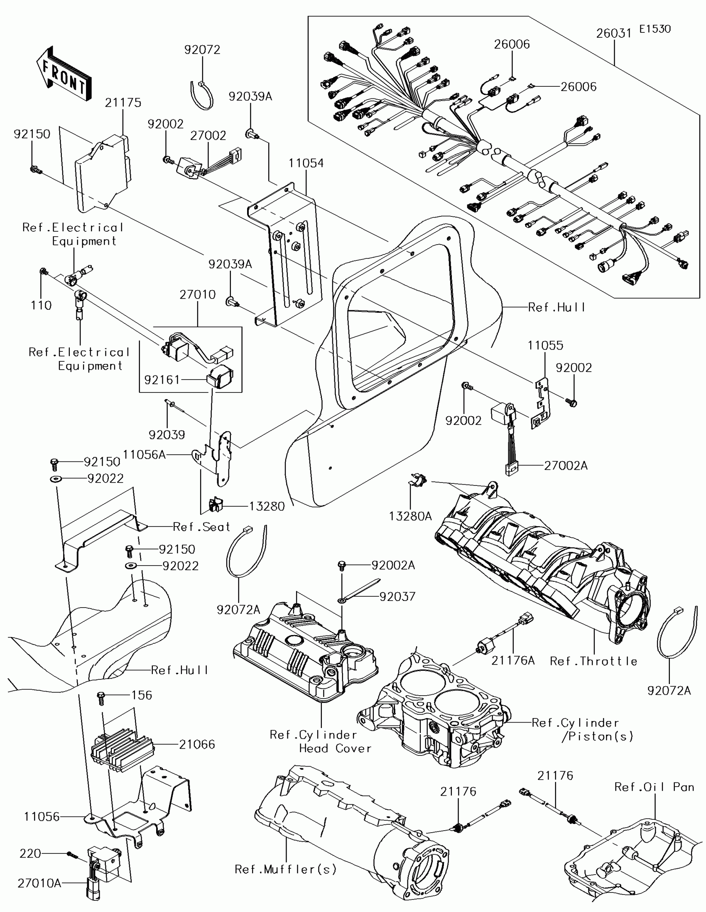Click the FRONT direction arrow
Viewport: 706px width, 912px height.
point(64,74)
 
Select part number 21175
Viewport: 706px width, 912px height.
point(123,103)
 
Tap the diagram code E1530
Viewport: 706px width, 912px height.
point(655,29)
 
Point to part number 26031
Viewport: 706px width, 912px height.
point(614,33)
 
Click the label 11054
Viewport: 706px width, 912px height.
point(306,163)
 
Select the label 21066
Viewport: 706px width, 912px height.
point(197,745)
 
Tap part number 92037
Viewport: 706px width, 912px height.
point(397,597)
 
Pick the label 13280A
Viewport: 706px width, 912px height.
point(410,517)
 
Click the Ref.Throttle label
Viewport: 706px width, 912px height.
point(593,662)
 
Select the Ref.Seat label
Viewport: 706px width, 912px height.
point(202,527)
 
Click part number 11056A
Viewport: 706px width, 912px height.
point(145,455)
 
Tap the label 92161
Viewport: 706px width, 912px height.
point(162,380)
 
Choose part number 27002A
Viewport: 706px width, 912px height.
point(566,466)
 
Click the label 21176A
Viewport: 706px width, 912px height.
point(513,661)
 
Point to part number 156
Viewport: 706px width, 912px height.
point(142,695)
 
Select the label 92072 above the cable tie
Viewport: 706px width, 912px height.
point(202,50)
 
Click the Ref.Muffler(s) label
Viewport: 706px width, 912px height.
point(286,869)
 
